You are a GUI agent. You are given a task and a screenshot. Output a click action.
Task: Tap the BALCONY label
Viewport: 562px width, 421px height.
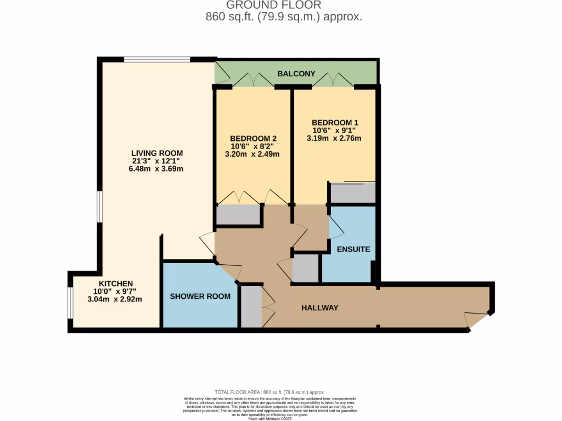coord(296,73)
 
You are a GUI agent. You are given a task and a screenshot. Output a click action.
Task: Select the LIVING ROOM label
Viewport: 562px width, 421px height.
coord(156,153)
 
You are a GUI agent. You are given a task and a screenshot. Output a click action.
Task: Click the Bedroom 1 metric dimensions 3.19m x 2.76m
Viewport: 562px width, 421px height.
coord(334,139)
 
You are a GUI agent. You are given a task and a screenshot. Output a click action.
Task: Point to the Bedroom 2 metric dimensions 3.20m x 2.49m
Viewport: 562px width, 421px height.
coord(252,155)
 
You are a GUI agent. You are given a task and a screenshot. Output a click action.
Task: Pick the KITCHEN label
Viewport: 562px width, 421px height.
coord(112,283)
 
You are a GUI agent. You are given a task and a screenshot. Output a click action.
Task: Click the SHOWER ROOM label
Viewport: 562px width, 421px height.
coord(200,296)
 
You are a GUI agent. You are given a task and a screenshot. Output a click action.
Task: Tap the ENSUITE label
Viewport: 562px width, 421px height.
coord(353,249)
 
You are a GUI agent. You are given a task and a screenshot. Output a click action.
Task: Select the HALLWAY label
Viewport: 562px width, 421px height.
coord(319,308)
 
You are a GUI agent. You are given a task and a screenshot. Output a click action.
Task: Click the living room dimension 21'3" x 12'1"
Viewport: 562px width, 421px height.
coord(156,161)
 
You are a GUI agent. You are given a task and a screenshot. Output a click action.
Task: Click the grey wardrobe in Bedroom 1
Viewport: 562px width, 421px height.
coord(352,193)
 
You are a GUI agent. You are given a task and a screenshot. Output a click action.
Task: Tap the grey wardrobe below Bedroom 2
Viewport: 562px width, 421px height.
coord(238,215)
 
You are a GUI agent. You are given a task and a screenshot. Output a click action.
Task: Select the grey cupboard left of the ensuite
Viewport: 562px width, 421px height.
coord(306,269)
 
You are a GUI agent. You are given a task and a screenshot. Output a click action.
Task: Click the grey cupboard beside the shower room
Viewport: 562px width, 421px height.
coord(251,307)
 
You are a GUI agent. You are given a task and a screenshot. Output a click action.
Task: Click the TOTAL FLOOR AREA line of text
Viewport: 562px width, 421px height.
coord(269,392)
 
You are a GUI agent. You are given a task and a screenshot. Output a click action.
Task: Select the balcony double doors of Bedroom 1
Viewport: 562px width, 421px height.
coord(333,81)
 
